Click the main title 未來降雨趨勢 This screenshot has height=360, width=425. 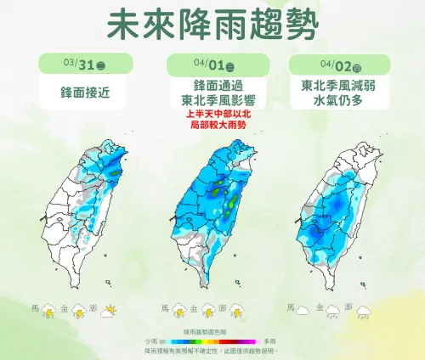pyautogui.click(x=212, y=25)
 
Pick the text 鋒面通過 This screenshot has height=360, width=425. pyautogui.click(x=212, y=86)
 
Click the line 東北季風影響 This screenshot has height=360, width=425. pyautogui.click(x=212, y=100)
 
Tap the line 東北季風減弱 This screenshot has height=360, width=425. pyautogui.click(x=340, y=86)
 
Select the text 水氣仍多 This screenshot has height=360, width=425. pyautogui.click(x=340, y=100)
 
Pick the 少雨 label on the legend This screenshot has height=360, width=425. pyautogui.click(x=152, y=340)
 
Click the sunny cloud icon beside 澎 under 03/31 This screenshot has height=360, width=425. pyautogui.click(x=109, y=312)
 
